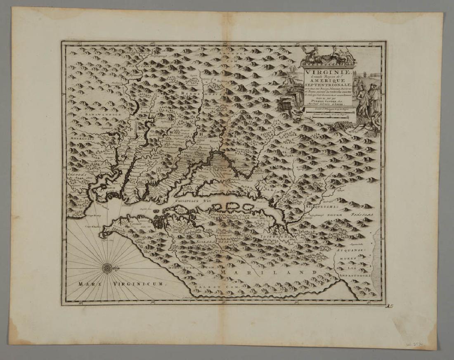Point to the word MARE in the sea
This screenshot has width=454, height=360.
(x=87, y=284)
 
